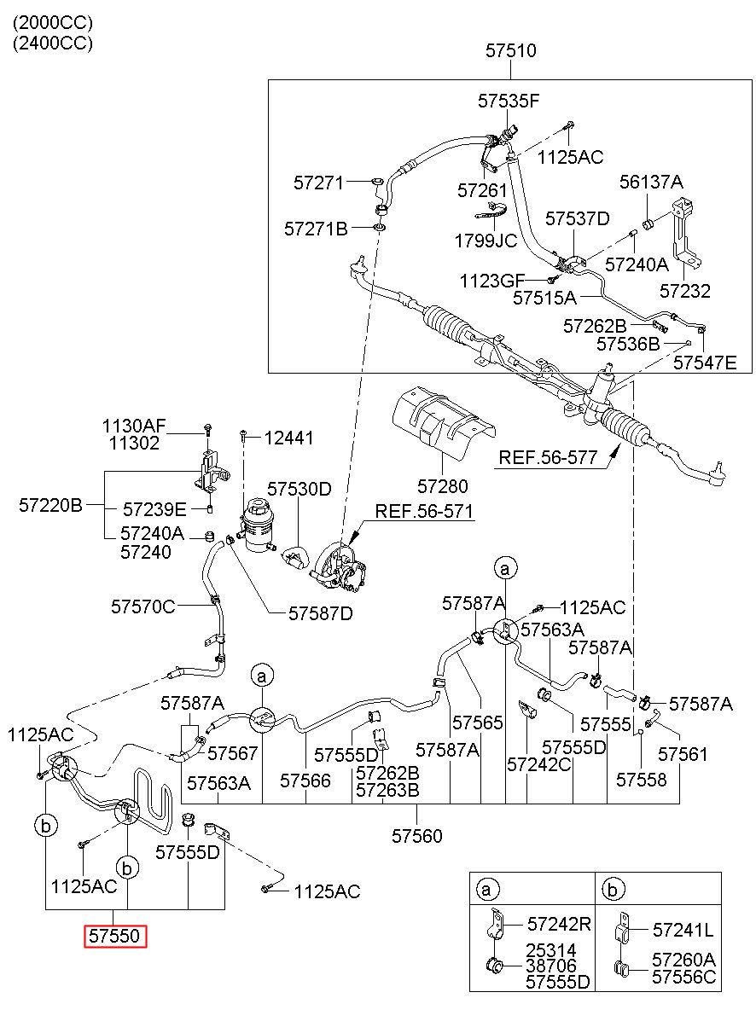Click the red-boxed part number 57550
pos(114,936)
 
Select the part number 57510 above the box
pos(510,50)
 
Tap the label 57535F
pos(509,101)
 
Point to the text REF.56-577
pos(548,457)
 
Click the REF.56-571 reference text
pos(424,511)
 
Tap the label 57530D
pos(299,489)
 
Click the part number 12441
pos(288,438)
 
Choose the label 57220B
pos(50,506)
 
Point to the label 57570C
pos(143,606)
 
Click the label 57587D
pos(321,612)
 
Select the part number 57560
pos(417,836)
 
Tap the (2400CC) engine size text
pos(53,43)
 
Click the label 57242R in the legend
pos(559,924)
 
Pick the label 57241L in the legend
pos(683,930)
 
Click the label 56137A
pos(651,182)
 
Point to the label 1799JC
pos(486,241)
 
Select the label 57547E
pos(705,363)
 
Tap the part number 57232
pos(685,291)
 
